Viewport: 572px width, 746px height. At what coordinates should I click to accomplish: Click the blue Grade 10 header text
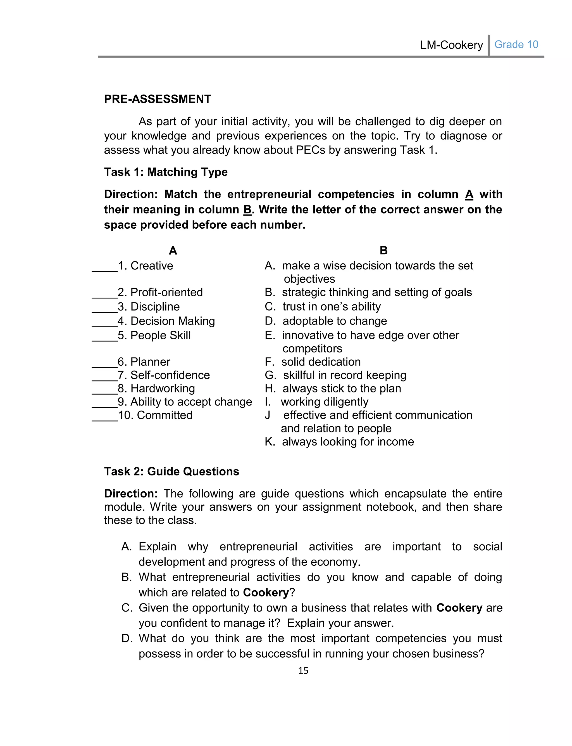tap(516, 45)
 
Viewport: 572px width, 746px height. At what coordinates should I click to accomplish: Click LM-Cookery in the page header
tap(451, 45)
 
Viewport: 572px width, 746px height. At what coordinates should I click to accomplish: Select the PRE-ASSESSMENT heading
tap(157, 99)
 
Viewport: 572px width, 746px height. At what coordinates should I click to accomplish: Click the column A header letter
tap(173, 251)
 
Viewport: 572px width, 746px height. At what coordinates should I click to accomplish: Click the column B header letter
tap(383, 251)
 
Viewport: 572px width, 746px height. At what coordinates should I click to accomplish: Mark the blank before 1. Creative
tap(104, 267)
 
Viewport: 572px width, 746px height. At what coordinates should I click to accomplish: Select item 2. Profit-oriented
tap(160, 292)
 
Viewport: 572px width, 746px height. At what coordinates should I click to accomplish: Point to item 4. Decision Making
tap(166, 321)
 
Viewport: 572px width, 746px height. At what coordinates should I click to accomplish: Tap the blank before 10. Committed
tap(104, 416)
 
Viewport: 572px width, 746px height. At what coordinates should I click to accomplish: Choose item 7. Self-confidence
tap(164, 375)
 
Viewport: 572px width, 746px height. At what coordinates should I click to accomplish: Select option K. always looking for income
tap(339, 442)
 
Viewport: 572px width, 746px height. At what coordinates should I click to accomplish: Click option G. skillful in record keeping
tap(335, 375)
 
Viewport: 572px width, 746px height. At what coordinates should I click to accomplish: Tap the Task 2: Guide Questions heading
tap(171, 472)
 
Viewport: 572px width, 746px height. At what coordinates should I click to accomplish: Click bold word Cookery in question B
tap(266, 592)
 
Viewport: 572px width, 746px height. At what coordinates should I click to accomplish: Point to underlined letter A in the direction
tap(469, 195)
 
